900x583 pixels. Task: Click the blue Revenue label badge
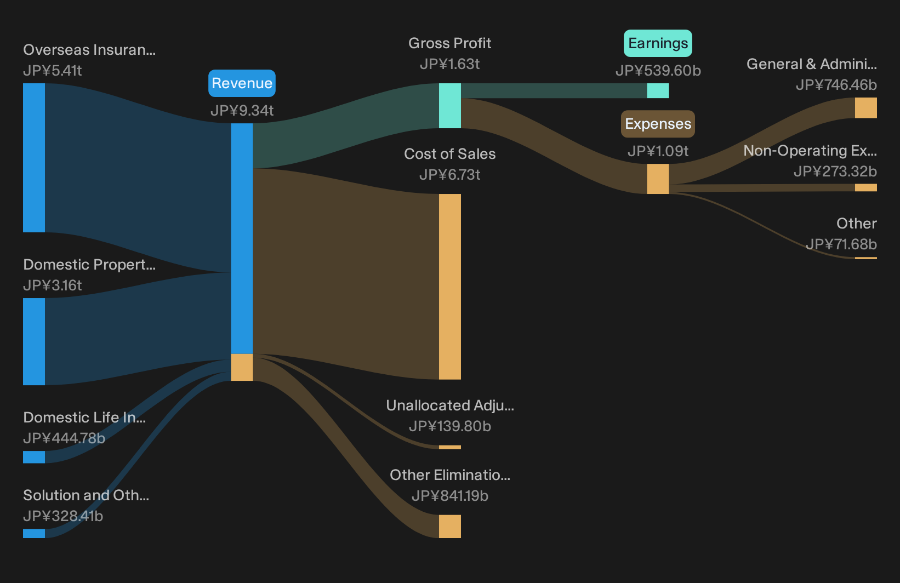[242, 83]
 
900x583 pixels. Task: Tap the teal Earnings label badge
[658, 43]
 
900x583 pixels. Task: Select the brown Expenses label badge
[658, 124]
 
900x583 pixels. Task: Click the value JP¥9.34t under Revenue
[242, 111]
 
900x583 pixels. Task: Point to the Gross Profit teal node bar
[449, 106]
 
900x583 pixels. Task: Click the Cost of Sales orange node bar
[449, 287]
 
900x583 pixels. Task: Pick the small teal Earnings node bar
[658, 90]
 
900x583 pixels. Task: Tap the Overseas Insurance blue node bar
[34, 157]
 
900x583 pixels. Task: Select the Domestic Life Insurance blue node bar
[34, 457]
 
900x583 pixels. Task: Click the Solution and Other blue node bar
[34, 533]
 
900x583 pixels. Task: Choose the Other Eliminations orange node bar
[449, 527]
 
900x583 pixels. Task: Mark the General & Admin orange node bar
[866, 108]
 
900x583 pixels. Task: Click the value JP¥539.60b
[658, 71]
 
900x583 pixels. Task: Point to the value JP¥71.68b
[841, 244]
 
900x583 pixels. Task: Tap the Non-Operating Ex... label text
[810, 151]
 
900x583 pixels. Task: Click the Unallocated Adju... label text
[450, 405]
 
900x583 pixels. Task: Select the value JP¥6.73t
[449, 175]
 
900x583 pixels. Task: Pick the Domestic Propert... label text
[89, 265]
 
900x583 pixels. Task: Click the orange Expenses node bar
[658, 179]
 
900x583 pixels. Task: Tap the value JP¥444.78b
[64, 438]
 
